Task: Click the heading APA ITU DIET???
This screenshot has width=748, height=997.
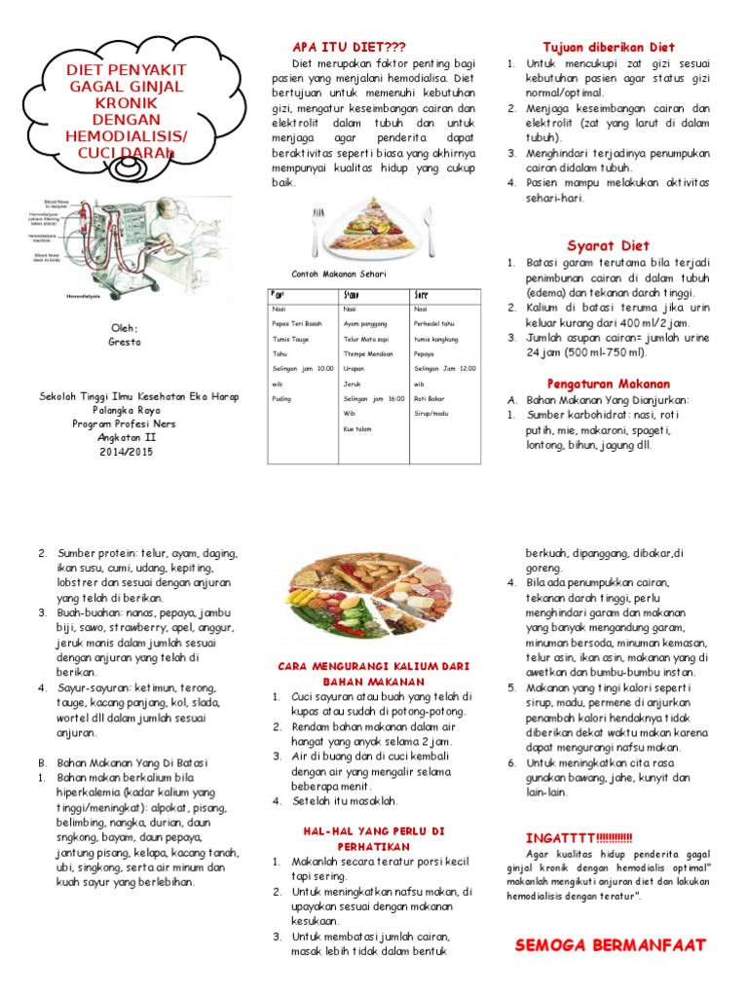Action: point(349,48)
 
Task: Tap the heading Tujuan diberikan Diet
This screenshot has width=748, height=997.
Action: point(608,48)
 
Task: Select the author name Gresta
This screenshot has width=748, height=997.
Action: point(125,343)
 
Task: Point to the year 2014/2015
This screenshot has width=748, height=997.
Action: point(125,452)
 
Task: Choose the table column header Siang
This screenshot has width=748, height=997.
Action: point(351,294)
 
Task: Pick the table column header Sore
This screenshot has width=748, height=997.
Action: point(422,294)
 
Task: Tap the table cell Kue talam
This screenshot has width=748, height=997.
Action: point(357,427)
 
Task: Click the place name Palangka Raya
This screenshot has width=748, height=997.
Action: point(125,411)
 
